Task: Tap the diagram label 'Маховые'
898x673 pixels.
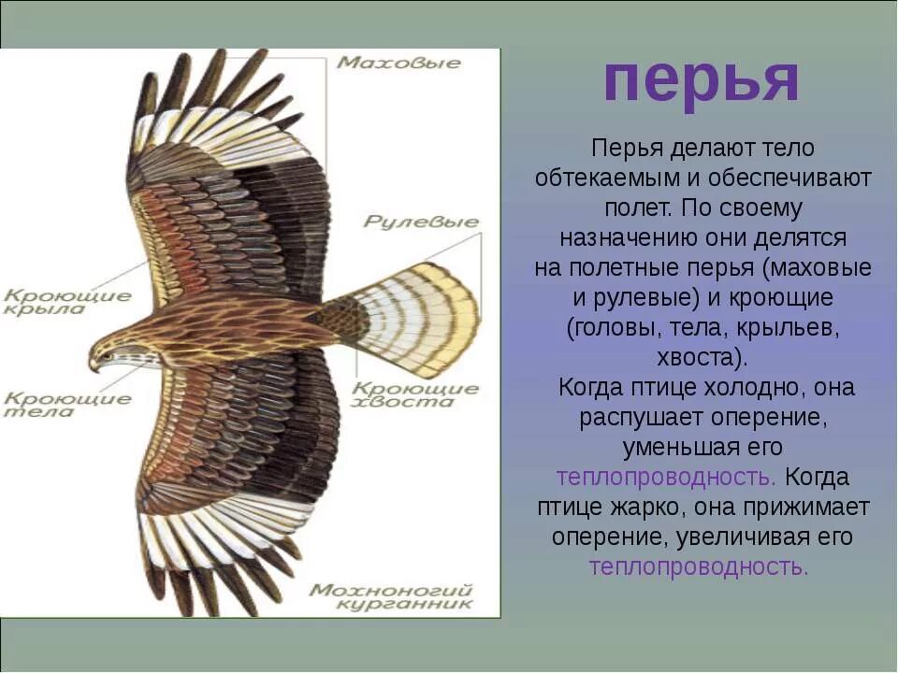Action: click(399, 63)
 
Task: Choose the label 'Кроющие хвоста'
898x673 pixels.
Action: click(416, 395)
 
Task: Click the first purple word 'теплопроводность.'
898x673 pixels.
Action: click(666, 478)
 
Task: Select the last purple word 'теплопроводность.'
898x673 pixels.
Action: click(699, 566)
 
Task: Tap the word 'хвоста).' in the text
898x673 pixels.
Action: click(702, 357)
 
